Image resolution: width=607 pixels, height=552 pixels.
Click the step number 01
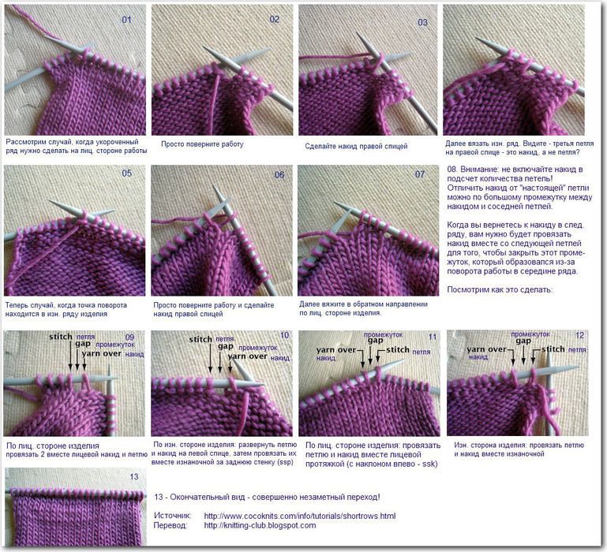click(x=126, y=20)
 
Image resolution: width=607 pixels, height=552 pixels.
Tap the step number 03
click(x=423, y=22)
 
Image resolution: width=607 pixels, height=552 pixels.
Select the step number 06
click(x=279, y=175)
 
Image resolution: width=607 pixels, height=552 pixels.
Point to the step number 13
click(x=134, y=476)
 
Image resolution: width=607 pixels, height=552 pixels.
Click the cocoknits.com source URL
click(x=300, y=516)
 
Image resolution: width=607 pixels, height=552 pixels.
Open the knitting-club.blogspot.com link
click(x=260, y=525)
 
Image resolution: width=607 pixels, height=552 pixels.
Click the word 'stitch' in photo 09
click(x=61, y=337)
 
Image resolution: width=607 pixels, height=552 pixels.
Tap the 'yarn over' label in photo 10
click(x=247, y=356)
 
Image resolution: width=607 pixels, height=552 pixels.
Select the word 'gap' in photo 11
click(x=375, y=341)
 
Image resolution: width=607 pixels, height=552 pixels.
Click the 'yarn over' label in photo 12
click(x=486, y=349)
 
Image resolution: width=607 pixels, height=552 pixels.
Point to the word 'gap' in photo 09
click(x=83, y=344)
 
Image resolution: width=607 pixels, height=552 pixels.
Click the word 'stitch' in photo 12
click(x=553, y=349)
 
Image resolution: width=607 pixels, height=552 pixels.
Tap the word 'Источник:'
click(x=173, y=516)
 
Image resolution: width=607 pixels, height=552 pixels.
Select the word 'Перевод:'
click(x=170, y=525)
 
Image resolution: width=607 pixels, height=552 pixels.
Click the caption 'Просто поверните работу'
click(x=202, y=144)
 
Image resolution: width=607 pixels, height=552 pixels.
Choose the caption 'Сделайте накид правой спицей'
click(x=356, y=146)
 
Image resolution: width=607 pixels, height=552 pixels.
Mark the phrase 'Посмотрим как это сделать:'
click(x=500, y=289)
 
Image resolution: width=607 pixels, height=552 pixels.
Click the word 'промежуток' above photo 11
click(x=384, y=334)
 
